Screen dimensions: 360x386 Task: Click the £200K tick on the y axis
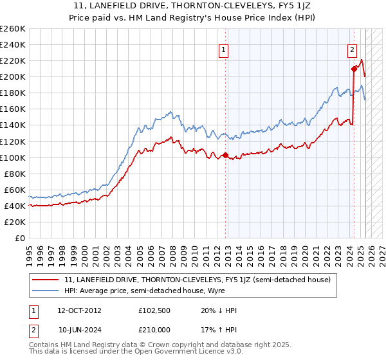[x=13, y=76]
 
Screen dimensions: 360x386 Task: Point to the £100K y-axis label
[x=13, y=157]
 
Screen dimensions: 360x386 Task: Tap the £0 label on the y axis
[x=20, y=238]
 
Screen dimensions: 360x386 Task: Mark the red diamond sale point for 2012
[x=225, y=155]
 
